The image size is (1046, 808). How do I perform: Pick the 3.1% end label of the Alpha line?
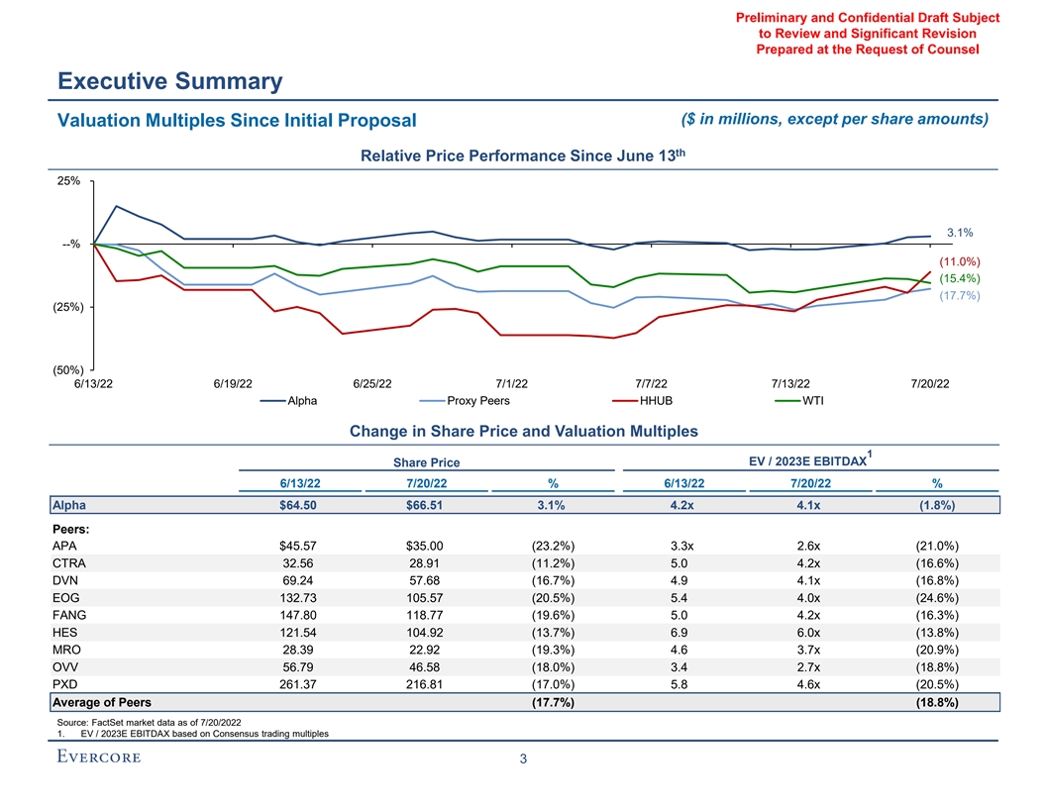point(958,233)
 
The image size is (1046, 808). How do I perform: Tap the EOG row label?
point(65,611)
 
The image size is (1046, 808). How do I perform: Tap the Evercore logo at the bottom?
point(98,757)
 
